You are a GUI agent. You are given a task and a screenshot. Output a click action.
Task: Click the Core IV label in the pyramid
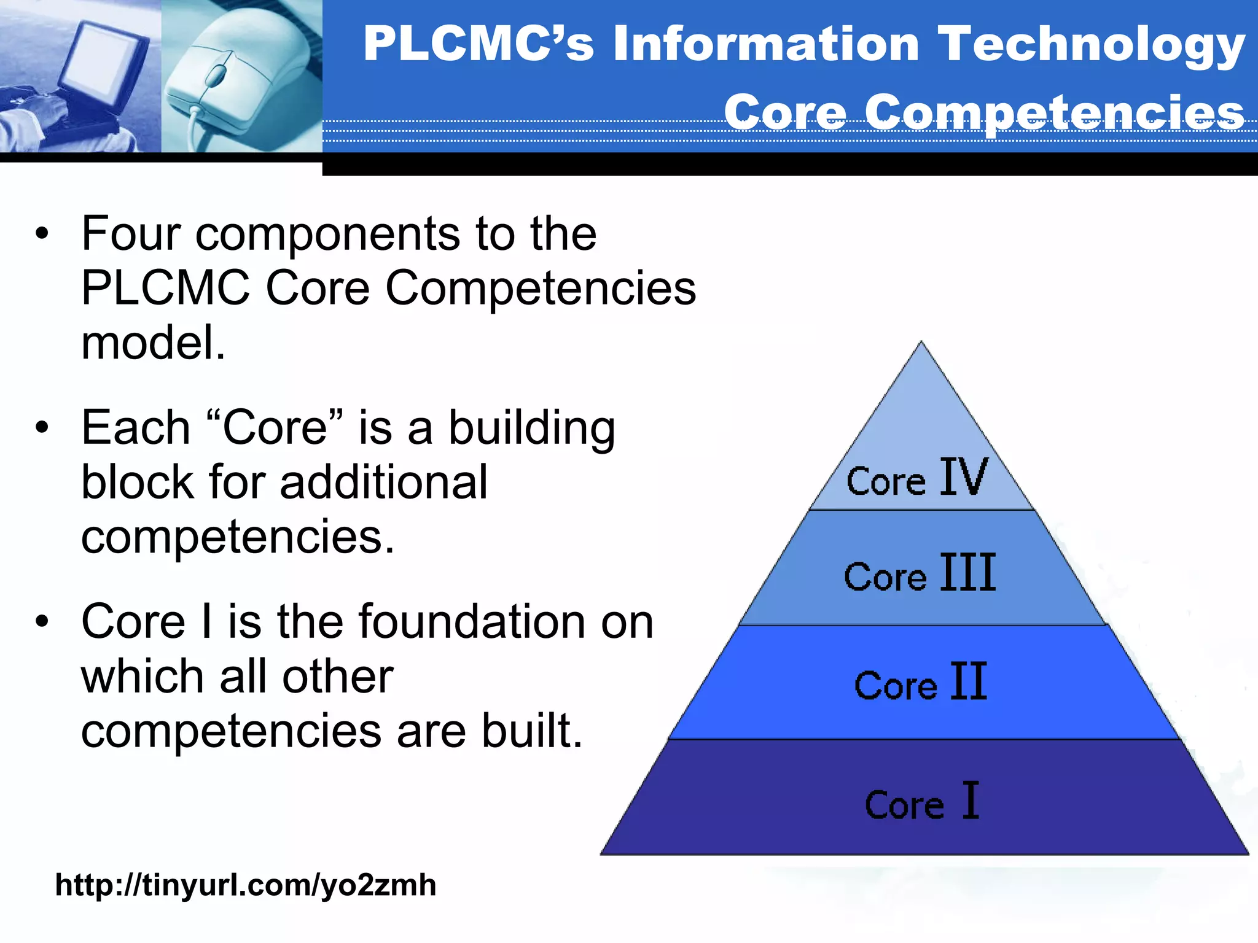(916, 478)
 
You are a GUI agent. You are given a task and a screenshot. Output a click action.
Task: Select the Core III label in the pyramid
(920, 573)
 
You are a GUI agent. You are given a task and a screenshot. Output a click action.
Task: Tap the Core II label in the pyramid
(920, 682)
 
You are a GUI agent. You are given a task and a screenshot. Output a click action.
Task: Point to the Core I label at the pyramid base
(922, 802)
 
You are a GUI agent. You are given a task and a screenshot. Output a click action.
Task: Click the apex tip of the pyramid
(921, 344)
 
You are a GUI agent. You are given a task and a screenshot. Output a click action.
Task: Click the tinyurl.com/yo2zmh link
(246, 885)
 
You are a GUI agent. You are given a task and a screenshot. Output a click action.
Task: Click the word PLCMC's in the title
(479, 44)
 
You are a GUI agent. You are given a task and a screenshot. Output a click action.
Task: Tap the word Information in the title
(765, 44)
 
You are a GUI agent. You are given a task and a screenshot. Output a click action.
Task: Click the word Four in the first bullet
(131, 234)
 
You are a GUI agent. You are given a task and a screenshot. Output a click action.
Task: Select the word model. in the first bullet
(153, 343)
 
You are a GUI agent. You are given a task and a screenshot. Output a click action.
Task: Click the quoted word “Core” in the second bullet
(275, 428)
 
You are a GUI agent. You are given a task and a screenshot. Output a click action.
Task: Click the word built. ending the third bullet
(531, 731)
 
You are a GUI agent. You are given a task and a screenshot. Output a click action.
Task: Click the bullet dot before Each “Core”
(42, 428)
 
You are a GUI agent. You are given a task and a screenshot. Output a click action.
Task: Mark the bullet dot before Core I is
(42, 621)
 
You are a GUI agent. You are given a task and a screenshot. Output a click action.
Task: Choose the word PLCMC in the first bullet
(165, 288)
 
